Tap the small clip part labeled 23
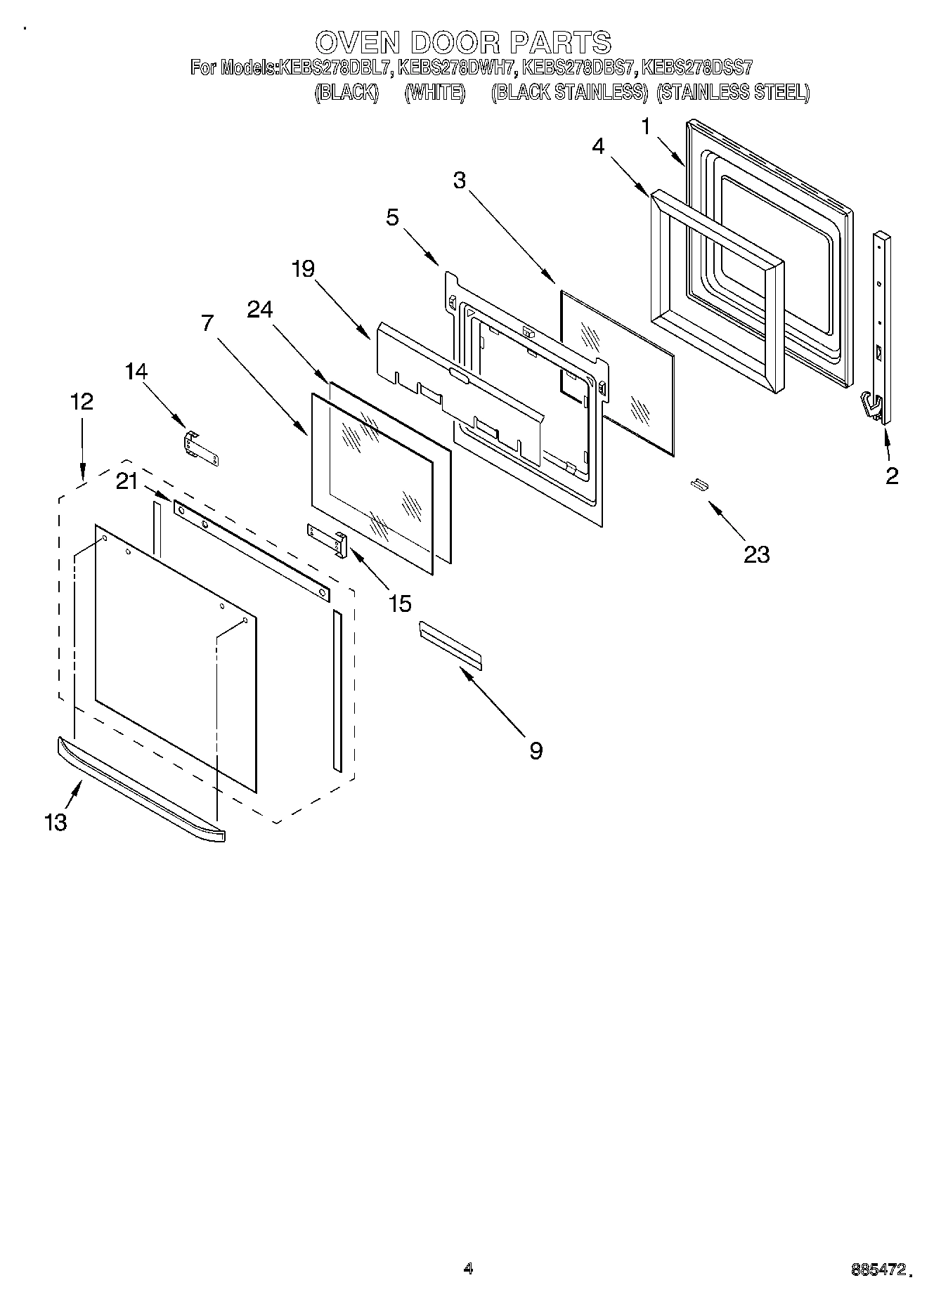[x=697, y=485]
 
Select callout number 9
[x=536, y=751]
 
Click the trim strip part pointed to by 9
[x=450, y=644]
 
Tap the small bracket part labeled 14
[x=201, y=448]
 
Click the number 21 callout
[x=127, y=482]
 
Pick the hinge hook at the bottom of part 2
[x=872, y=409]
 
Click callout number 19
[x=303, y=268]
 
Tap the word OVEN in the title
[x=357, y=43]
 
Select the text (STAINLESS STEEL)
[x=732, y=92]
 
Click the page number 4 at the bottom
[x=469, y=1268]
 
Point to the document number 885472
[x=878, y=1269]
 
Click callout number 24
[x=260, y=310]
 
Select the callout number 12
[x=82, y=402]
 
